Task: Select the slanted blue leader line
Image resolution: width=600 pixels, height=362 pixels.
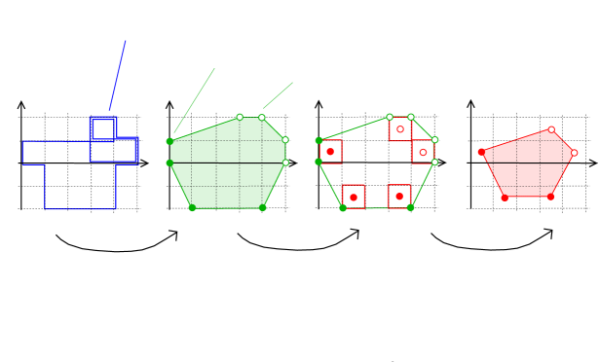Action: click(x=118, y=75)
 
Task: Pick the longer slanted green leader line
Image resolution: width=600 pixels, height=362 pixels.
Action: click(x=194, y=101)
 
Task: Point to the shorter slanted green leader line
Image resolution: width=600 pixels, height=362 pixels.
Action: click(x=278, y=95)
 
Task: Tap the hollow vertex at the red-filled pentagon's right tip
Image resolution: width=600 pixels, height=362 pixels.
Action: click(x=574, y=153)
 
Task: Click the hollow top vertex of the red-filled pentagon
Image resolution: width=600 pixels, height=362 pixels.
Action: click(x=551, y=129)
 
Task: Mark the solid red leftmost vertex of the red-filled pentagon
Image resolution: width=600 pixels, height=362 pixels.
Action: click(x=481, y=152)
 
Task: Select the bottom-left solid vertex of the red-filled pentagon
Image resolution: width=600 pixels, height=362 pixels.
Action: click(x=505, y=198)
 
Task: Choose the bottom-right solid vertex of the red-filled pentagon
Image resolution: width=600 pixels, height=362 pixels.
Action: click(x=550, y=197)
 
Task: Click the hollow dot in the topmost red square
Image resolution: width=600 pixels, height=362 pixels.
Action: click(x=400, y=129)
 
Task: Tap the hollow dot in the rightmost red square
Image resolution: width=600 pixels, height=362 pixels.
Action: click(x=423, y=152)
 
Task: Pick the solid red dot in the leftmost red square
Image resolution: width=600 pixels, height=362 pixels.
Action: click(x=330, y=152)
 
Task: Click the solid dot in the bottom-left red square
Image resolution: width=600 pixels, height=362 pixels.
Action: click(x=354, y=198)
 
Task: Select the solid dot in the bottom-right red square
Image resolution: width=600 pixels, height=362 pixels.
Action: click(x=399, y=197)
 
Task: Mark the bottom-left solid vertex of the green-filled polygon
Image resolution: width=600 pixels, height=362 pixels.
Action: click(x=192, y=207)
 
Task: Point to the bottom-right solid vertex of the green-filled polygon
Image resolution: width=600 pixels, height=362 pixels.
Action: click(x=263, y=207)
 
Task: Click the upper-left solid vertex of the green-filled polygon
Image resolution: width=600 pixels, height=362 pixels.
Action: click(x=169, y=141)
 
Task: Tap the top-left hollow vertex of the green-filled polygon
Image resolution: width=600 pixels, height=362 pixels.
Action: click(x=240, y=117)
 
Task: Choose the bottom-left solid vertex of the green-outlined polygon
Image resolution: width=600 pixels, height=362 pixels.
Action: click(x=343, y=207)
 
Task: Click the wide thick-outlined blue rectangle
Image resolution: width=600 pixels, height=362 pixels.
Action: click(x=114, y=150)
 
